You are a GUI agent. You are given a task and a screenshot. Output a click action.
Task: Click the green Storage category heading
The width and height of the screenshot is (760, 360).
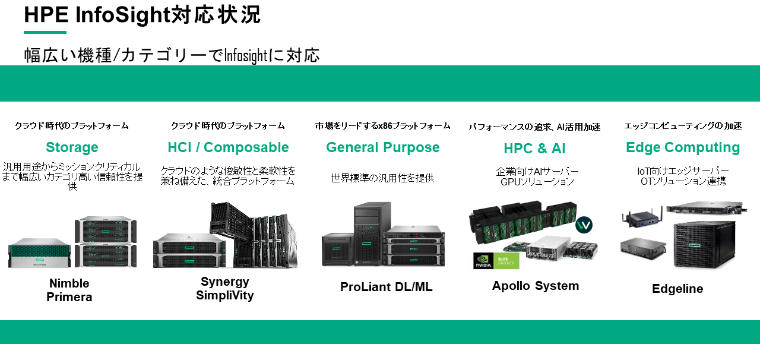click(72, 147)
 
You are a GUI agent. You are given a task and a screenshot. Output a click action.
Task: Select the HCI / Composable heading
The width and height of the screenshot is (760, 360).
click(228, 147)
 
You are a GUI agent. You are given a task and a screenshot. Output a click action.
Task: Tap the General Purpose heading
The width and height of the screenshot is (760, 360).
click(383, 147)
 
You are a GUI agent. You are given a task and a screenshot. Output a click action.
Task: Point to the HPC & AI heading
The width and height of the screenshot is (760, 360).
click(534, 149)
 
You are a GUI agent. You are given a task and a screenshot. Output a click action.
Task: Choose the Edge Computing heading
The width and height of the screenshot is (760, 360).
click(683, 147)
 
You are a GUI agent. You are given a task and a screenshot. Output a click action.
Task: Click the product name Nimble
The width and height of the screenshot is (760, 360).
click(69, 283)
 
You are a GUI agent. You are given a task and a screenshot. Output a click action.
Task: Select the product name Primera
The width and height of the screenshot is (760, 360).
click(69, 297)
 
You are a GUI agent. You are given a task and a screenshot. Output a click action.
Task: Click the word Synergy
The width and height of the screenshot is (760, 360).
click(224, 282)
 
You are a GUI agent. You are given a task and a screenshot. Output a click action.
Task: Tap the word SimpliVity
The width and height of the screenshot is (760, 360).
click(224, 295)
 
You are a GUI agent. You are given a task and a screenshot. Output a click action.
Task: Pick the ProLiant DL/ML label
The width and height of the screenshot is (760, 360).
click(386, 287)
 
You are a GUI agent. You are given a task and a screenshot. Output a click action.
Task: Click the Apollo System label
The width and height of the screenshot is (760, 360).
click(536, 286)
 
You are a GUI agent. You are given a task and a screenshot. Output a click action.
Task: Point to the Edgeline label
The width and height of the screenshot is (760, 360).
click(677, 289)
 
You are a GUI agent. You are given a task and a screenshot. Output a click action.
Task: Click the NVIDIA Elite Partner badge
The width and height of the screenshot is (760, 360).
click(496, 261)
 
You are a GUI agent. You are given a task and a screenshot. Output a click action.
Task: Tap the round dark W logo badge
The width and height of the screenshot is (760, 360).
click(584, 225)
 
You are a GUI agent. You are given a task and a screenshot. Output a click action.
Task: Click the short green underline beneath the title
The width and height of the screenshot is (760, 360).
click(45, 32)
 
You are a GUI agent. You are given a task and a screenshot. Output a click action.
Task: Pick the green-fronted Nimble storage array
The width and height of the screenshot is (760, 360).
click(40, 252)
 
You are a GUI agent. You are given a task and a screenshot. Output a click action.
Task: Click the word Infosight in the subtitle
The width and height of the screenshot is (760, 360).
click(246, 55)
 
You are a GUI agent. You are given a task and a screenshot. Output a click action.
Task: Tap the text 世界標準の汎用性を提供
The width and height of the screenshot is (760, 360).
click(382, 178)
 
